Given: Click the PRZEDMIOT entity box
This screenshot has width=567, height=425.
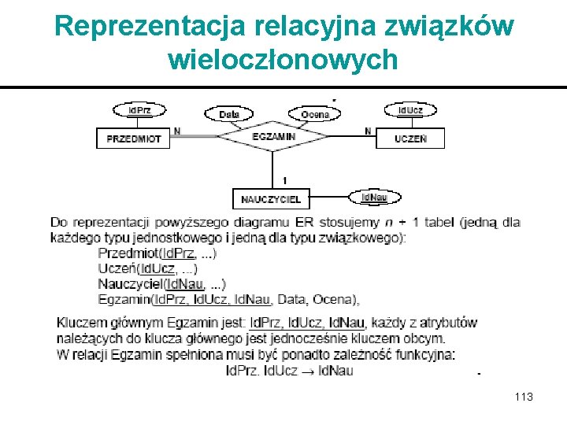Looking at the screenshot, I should [x=133, y=138].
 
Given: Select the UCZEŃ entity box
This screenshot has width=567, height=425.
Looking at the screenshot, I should [x=410, y=139].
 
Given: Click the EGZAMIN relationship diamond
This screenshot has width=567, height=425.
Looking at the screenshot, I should [x=273, y=137].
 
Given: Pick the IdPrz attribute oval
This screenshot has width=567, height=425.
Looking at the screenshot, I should [x=139, y=110].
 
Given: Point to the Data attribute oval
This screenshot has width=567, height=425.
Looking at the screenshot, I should [x=228, y=114].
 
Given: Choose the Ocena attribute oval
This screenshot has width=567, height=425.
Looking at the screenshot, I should [x=315, y=114].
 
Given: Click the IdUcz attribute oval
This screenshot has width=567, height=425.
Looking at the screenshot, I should [x=409, y=110].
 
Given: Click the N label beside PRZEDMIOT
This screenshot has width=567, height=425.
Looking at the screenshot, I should [x=177, y=131].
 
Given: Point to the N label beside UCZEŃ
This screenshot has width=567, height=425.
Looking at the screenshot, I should [x=368, y=131].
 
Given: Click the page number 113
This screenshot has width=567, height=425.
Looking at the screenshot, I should [x=523, y=397].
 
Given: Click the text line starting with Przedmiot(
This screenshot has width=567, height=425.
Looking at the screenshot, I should [x=157, y=253].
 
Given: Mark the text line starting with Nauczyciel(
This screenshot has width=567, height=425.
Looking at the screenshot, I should [x=162, y=283].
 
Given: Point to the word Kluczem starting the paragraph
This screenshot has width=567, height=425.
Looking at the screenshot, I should [x=81, y=323].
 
